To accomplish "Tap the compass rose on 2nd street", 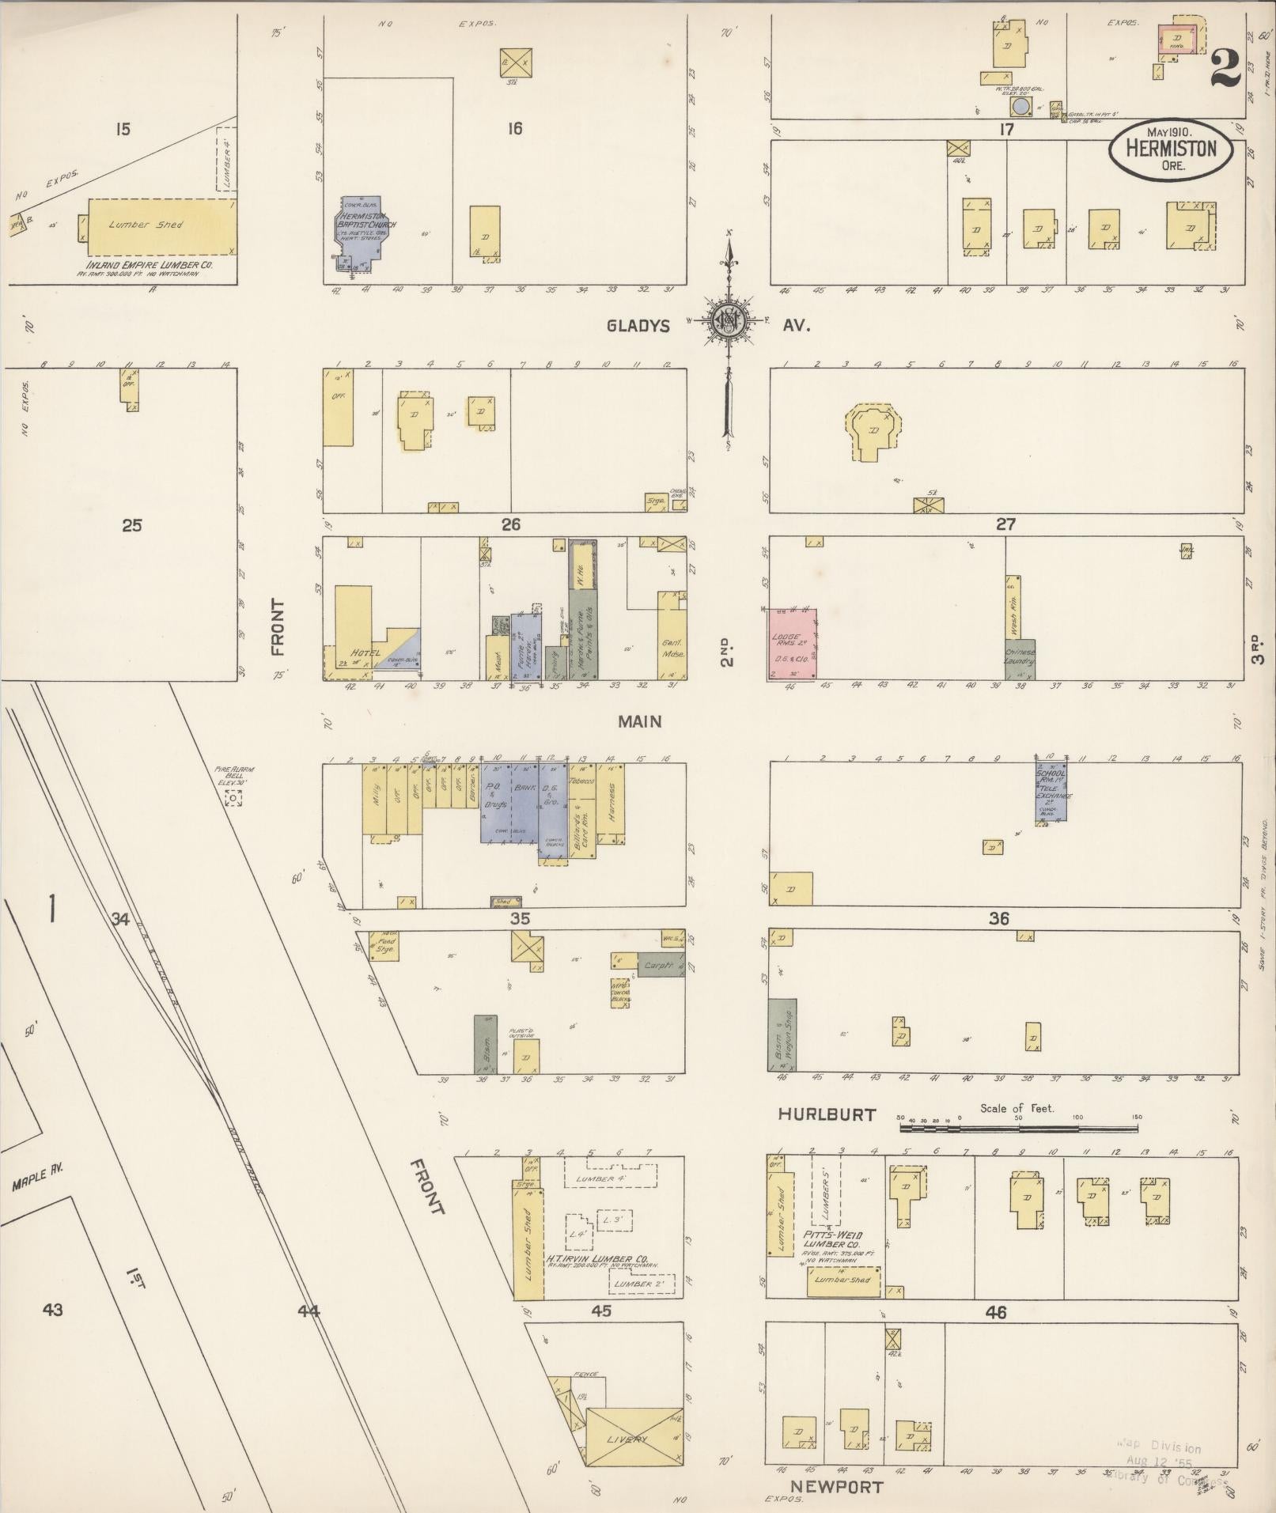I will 725,321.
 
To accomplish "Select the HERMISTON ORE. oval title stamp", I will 1170,148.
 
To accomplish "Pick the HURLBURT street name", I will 827,1114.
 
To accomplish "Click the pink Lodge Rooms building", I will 793,643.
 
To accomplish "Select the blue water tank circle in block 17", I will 1021,107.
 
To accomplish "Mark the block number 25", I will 131,524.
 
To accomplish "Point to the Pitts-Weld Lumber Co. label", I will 831,1240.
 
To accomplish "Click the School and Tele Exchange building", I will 1052,791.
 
